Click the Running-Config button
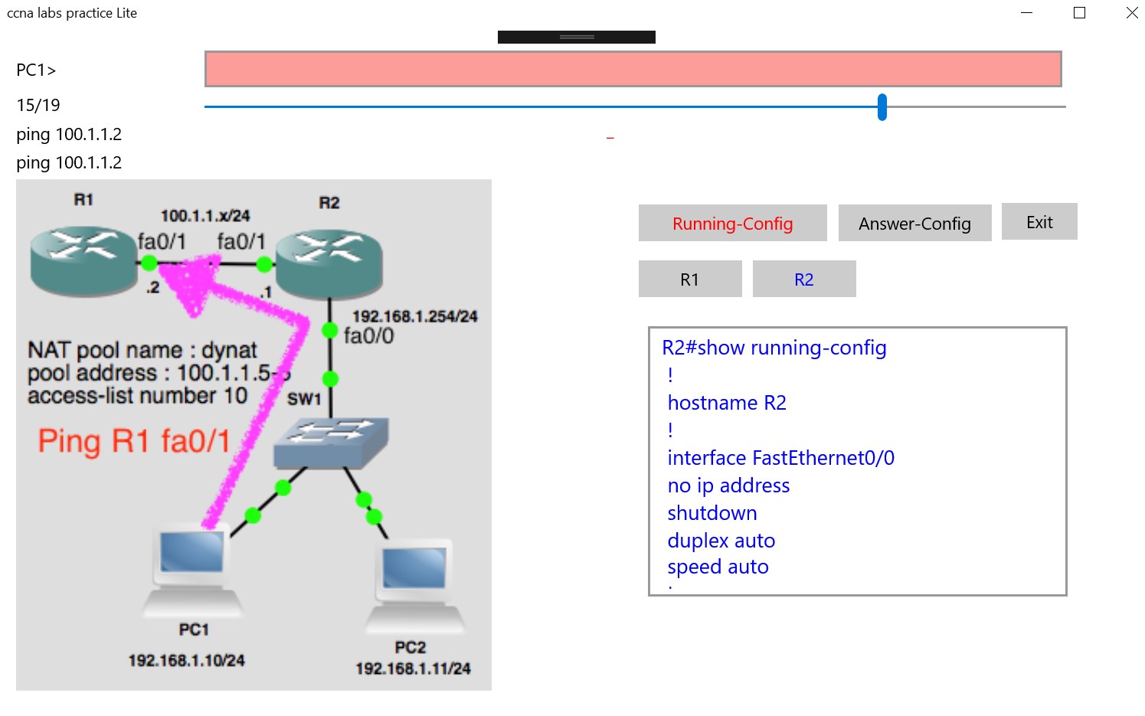732,224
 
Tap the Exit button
1039,222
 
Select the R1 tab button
689,280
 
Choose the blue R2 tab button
803,280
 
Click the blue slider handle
882,107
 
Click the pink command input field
633,70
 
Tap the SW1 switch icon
332,442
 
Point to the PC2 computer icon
414,586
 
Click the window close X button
1131,13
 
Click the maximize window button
1079,13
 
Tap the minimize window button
1027,13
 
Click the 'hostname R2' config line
726,403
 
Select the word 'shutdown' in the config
712,513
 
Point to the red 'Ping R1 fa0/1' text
134,442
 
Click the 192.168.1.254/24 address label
414,316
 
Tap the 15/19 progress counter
38,105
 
